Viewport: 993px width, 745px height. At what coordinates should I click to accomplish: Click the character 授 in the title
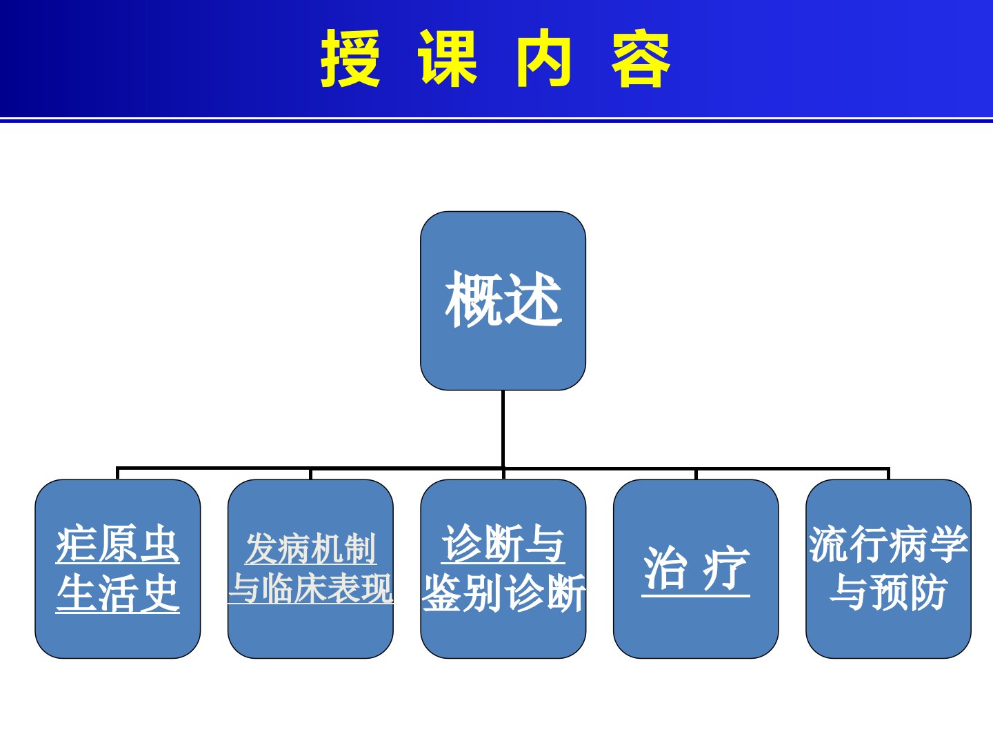pyautogui.click(x=350, y=59)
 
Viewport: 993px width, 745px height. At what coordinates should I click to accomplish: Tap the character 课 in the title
pyautogui.click(x=447, y=59)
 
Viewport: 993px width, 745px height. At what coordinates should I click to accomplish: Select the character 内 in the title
pyautogui.click(x=544, y=59)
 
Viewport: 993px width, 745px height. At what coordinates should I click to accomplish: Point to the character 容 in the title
pyautogui.click(x=641, y=59)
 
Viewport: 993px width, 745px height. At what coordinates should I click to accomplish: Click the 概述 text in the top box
pyautogui.click(x=503, y=299)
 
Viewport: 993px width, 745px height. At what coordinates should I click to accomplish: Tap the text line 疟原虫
pyautogui.click(x=118, y=544)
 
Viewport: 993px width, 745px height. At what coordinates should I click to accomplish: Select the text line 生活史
pyautogui.click(x=118, y=593)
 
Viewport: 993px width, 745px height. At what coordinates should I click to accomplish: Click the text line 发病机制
pyautogui.click(x=310, y=548)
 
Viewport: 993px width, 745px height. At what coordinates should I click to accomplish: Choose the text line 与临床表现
pyautogui.click(x=310, y=588)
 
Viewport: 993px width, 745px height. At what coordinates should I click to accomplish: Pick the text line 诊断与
pyautogui.click(x=503, y=544)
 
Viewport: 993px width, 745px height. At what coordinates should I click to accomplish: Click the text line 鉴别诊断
pyautogui.click(x=503, y=593)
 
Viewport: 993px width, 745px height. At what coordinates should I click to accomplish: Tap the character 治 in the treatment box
pyautogui.click(x=665, y=568)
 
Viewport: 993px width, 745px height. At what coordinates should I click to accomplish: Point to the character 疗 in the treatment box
pyautogui.click(x=725, y=568)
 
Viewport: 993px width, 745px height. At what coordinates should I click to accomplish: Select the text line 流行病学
pyautogui.click(x=888, y=544)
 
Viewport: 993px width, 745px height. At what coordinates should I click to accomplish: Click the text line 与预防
pyautogui.click(x=888, y=593)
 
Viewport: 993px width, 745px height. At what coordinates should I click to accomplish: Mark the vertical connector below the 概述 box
pyautogui.click(x=503, y=429)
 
